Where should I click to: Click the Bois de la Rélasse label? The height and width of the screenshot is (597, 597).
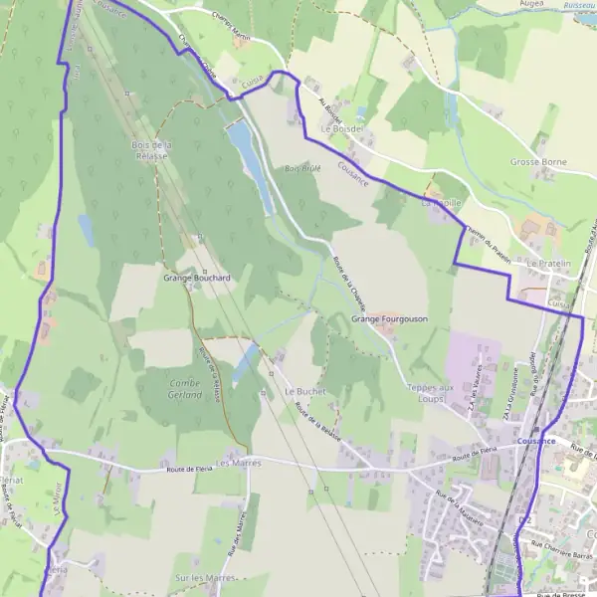pyautogui.click(x=152, y=149)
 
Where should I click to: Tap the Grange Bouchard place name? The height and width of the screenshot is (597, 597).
pyautogui.click(x=196, y=278)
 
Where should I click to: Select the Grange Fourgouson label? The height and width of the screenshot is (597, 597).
pyautogui.click(x=389, y=319)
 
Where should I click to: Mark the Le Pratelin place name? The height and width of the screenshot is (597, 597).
pyautogui.click(x=550, y=264)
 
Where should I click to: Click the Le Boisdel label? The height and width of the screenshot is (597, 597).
pyautogui.click(x=341, y=129)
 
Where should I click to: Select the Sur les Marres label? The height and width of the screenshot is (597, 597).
pyautogui.click(x=196, y=577)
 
